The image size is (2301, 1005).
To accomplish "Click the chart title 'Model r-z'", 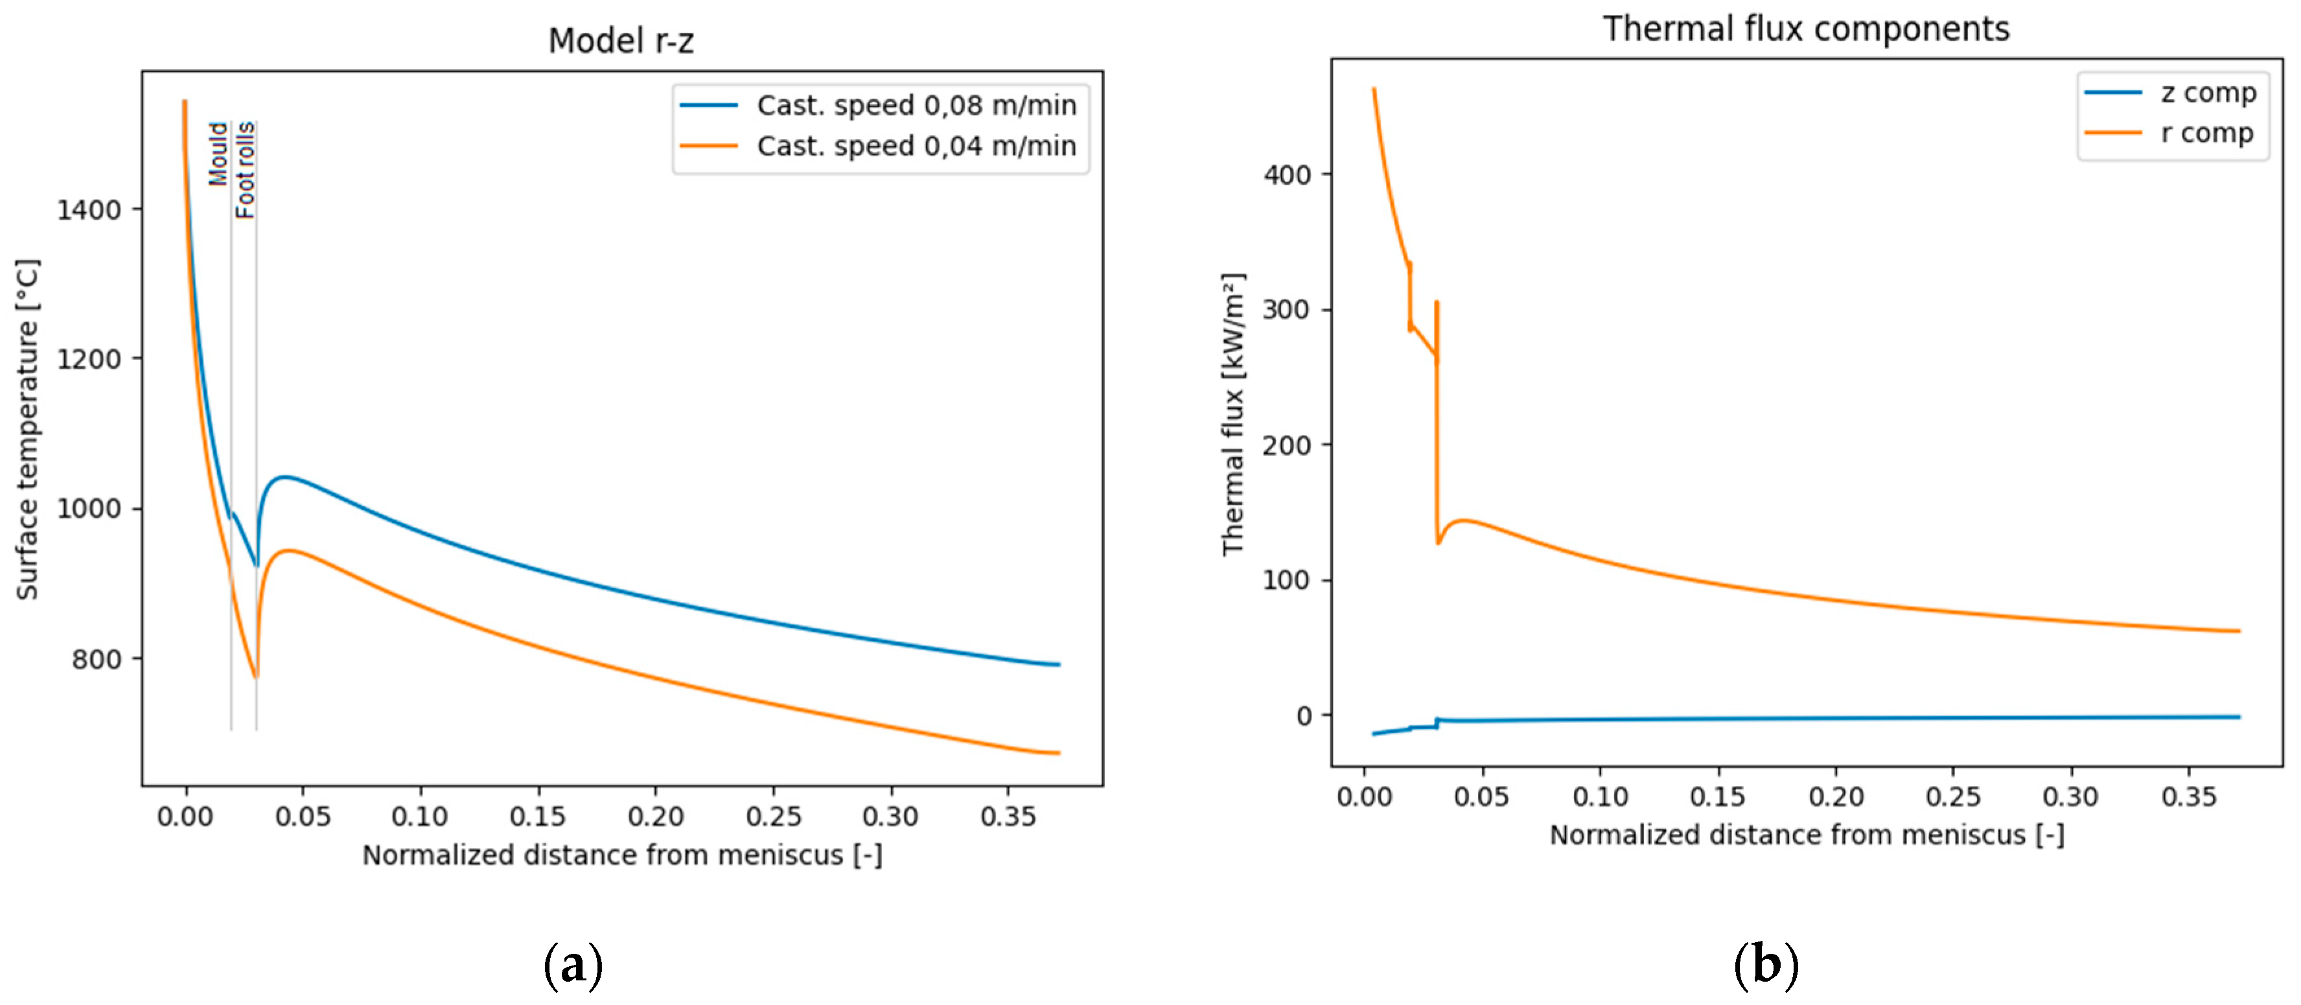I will pyautogui.click(x=620, y=41).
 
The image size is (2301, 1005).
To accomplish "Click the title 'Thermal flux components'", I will pyautogui.click(x=1805, y=29).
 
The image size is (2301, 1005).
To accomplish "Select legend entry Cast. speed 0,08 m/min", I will pyautogui.click(x=916, y=106).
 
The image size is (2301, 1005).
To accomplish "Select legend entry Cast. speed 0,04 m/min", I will pyautogui.click(x=916, y=146).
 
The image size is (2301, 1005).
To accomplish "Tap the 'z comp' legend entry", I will pyautogui.click(x=2207, y=93).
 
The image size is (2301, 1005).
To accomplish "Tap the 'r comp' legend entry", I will pyautogui.click(x=2206, y=133).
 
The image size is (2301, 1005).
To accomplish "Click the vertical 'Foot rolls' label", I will pyautogui.click(x=245, y=170).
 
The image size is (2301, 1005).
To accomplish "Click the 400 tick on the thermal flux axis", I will pyautogui.click(x=1287, y=175).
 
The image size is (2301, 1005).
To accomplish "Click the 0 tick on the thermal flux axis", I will pyautogui.click(x=1305, y=715).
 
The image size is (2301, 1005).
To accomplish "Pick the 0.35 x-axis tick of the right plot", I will pyautogui.click(x=2188, y=796).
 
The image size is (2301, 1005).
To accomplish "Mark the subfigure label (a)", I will pyautogui.click(x=573, y=965).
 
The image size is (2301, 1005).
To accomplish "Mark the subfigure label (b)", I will pyautogui.click(x=1765, y=965).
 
